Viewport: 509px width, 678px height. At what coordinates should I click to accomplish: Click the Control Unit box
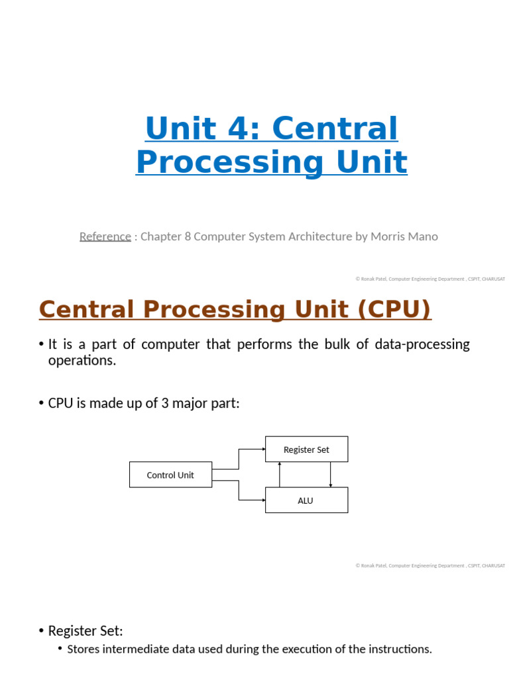point(170,475)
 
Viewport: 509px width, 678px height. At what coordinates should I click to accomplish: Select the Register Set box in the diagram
point(306,449)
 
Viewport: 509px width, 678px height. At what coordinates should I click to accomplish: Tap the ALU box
point(306,501)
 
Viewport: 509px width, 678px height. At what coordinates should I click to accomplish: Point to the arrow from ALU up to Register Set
point(280,474)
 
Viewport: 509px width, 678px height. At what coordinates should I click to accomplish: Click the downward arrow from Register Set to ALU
point(330,474)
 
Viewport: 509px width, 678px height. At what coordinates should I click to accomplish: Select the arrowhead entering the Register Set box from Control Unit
point(263,449)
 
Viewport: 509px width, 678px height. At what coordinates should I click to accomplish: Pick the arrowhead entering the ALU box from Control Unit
point(263,501)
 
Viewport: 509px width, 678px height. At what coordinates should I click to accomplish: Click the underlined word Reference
point(105,236)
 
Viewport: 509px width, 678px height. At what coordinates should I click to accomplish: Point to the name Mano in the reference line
point(423,236)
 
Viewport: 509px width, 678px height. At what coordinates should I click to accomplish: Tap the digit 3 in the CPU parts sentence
point(164,403)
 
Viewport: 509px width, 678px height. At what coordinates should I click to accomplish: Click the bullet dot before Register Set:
point(42,631)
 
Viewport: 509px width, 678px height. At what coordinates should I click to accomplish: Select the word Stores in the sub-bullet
point(85,649)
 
